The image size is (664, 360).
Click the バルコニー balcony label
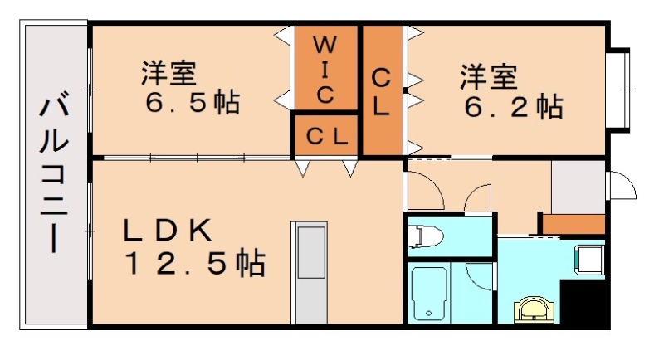[x=55, y=174]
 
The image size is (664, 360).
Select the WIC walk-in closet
[x=325, y=68]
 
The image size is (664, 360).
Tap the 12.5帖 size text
[x=194, y=264]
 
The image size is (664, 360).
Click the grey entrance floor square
[x=579, y=187]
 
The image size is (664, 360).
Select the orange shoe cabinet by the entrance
[x=574, y=223]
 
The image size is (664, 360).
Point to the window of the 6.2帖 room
[x=618, y=89]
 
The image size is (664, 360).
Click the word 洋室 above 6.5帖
[x=168, y=74]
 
